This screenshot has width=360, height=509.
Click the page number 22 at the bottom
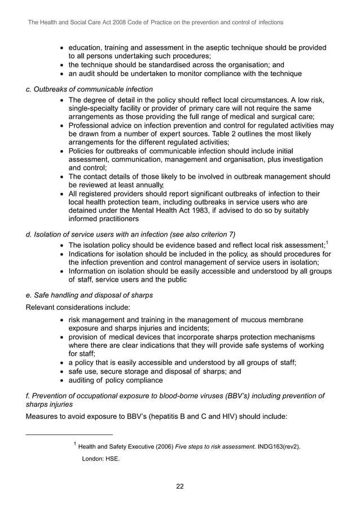[x=179, y=487]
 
